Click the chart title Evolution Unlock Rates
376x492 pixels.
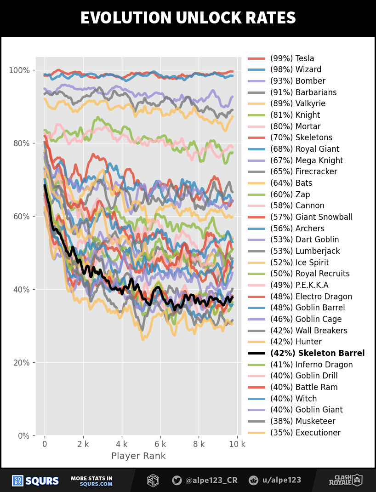(x=188, y=18)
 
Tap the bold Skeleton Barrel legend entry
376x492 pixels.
(x=317, y=353)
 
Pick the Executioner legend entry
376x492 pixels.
(x=305, y=433)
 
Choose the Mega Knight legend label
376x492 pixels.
(x=307, y=160)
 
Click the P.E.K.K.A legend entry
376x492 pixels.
(x=299, y=285)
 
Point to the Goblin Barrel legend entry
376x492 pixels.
(x=307, y=308)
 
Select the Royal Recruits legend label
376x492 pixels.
(x=310, y=274)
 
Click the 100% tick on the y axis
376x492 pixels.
(x=19, y=70)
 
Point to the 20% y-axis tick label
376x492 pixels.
(x=21, y=362)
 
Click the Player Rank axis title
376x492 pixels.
(x=138, y=456)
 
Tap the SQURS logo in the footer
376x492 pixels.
(x=35, y=481)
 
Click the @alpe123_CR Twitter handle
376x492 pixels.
(x=211, y=481)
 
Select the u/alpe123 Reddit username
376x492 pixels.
(x=281, y=481)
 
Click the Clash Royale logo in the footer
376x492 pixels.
(x=345, y=481)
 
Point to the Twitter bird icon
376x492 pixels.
(x=177, y=481)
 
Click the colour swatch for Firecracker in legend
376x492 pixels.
(x=256, y=172)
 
